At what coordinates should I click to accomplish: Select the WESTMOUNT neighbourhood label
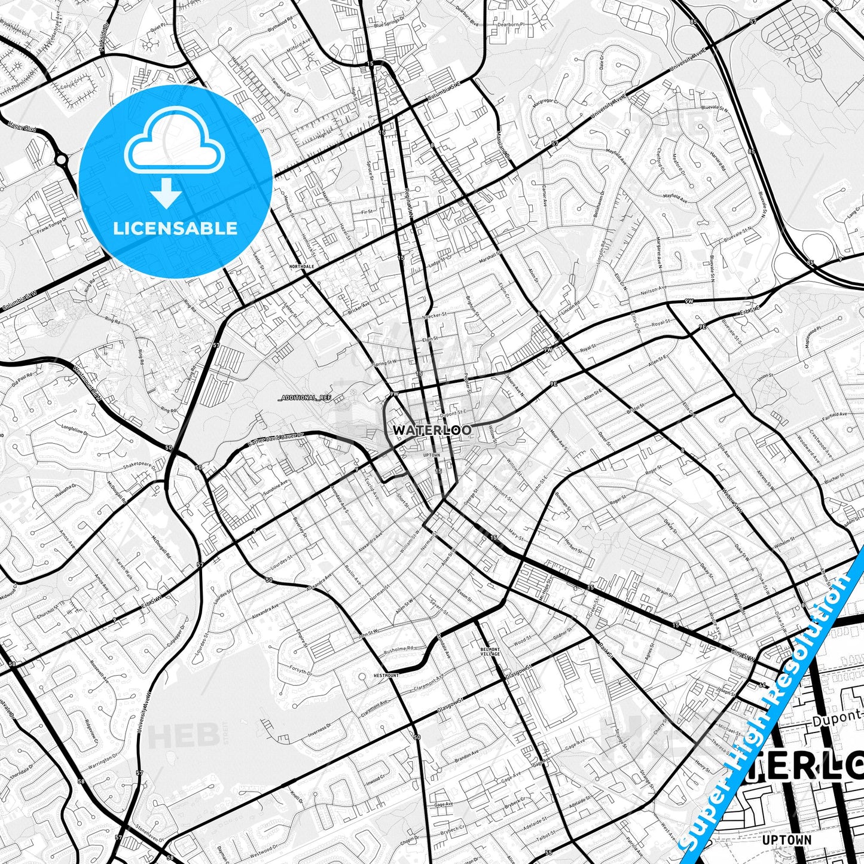(386, 675)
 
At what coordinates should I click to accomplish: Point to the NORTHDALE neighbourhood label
(301, 266)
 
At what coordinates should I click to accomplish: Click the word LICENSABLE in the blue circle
(175, 228)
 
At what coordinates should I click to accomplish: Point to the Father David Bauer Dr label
(276, 439)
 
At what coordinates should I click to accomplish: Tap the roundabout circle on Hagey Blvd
(62, 159)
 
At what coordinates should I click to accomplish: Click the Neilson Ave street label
(652, 289)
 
